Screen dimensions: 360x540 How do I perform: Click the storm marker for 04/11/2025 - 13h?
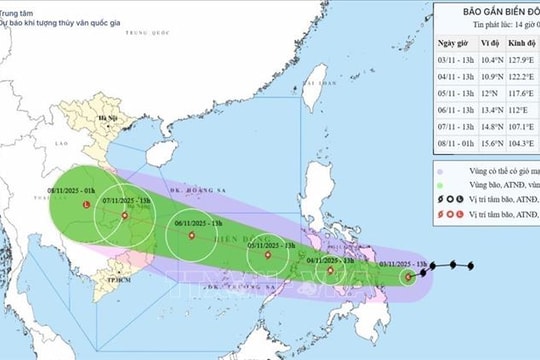click(334, 270)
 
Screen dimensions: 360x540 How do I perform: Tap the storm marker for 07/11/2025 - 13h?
click(125, 215)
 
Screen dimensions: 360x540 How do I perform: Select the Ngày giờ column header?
click(455, 44)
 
